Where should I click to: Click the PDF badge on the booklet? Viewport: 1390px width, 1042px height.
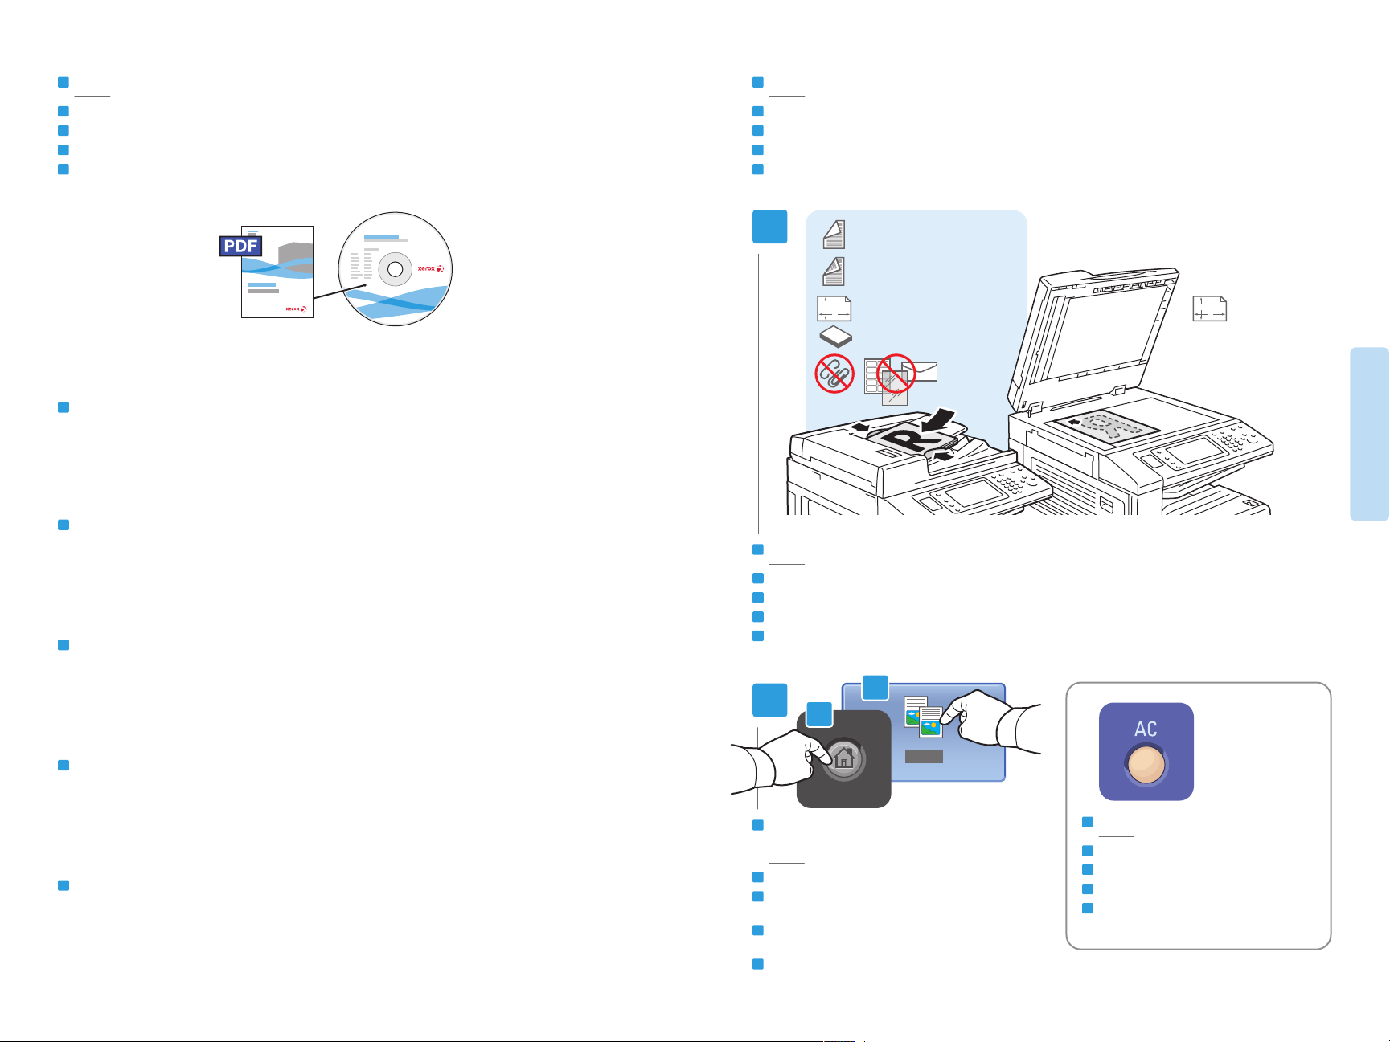(x=240, y=246)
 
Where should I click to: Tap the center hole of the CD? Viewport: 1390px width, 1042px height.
(x=395, y=270)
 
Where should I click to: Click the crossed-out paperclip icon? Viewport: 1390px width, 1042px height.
(x=834, y=374)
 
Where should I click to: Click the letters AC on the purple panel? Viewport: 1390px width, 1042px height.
(x=1146, y=729)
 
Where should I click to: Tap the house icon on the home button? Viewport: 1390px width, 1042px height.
(x=844, y=758)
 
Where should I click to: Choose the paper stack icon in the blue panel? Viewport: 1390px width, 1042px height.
(x=835, y=337)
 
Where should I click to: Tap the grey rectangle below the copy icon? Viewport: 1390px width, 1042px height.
(x=924, y=756)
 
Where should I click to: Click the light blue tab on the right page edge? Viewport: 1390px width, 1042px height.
(x=1370, y=434)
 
